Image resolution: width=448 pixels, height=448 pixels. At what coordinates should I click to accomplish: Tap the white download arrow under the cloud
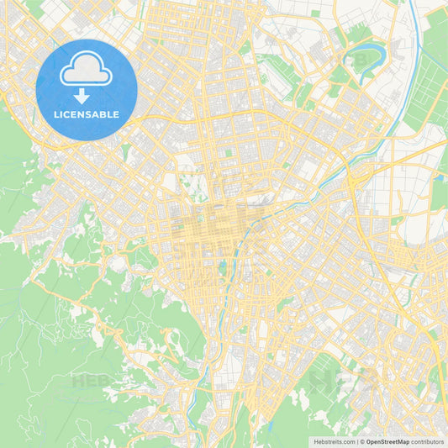click(82, 97)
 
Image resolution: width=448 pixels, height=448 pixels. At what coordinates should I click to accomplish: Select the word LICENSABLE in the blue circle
click(87, 114)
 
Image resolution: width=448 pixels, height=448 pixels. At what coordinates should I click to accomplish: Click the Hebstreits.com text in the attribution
click(335, 441)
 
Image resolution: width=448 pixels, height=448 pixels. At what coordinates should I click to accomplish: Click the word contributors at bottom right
click(428, 441)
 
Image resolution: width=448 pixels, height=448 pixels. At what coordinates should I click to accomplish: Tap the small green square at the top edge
click(315, 13)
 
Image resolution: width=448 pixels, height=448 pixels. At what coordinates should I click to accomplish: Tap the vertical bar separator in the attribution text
click(358, 441)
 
